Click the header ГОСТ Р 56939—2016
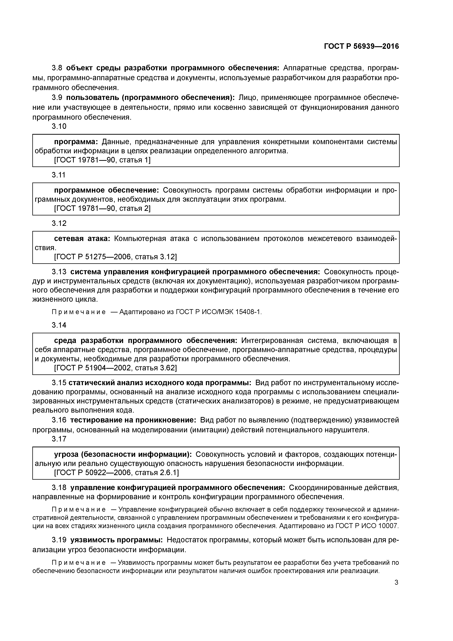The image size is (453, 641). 361,46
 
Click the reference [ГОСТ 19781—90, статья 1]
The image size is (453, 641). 102,160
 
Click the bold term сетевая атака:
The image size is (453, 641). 82,239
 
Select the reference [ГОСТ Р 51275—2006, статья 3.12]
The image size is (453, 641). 115,257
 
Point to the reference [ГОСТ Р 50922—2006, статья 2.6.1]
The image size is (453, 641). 116,473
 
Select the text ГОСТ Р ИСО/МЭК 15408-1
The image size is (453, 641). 218,312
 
